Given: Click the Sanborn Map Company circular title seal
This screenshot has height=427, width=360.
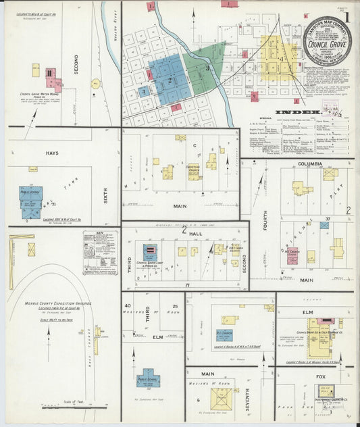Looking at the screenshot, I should click(327, 41).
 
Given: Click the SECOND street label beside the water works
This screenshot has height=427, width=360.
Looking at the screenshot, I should click(76, 64).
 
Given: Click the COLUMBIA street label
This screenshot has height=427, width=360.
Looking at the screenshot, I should click(310, 164).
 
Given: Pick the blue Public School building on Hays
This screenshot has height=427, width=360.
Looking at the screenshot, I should click(30, 200).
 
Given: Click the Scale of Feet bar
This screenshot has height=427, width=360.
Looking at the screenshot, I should click(74, 407).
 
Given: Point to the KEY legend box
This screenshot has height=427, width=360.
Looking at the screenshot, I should click(100, 252).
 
